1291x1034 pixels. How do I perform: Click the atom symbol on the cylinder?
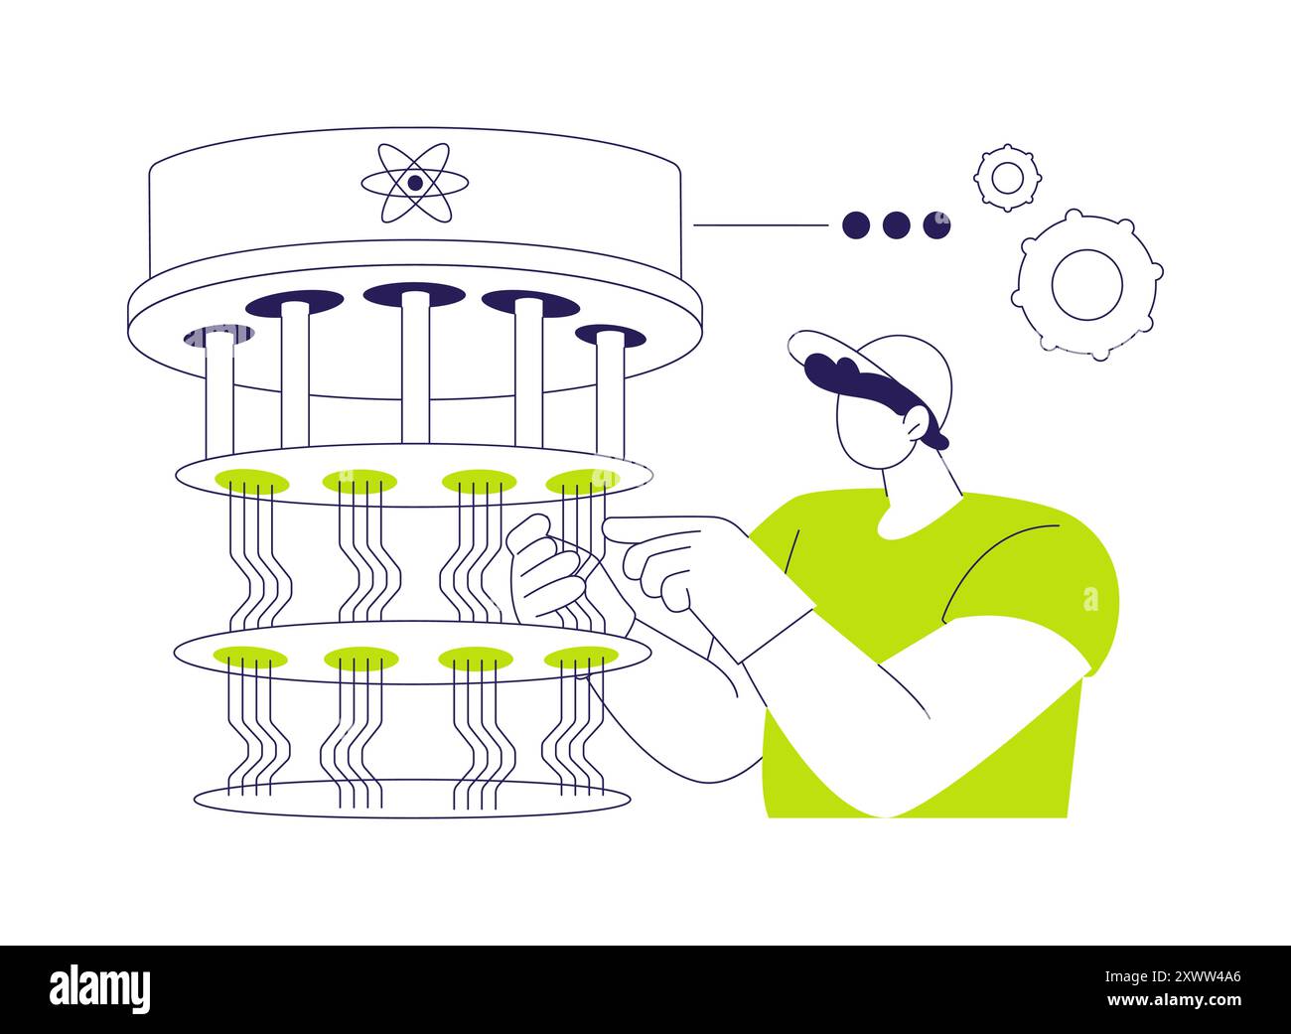[413, 183]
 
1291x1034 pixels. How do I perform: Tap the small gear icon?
[1006, 178]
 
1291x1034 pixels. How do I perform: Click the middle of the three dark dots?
[896, 225]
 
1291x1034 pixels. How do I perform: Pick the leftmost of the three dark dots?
[856, 225]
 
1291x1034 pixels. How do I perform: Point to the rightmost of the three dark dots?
[935, 225]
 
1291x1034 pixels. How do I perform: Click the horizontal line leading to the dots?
[760, 225]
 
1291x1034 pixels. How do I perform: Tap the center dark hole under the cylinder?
[413, 294]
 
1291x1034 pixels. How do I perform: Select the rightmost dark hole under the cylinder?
[610, 336]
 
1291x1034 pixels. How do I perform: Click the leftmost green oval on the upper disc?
[251, 482]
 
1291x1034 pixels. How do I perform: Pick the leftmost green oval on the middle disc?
[249, 657]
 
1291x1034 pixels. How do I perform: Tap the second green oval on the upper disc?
[359, 482]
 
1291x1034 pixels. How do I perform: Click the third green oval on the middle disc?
[475, 658]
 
